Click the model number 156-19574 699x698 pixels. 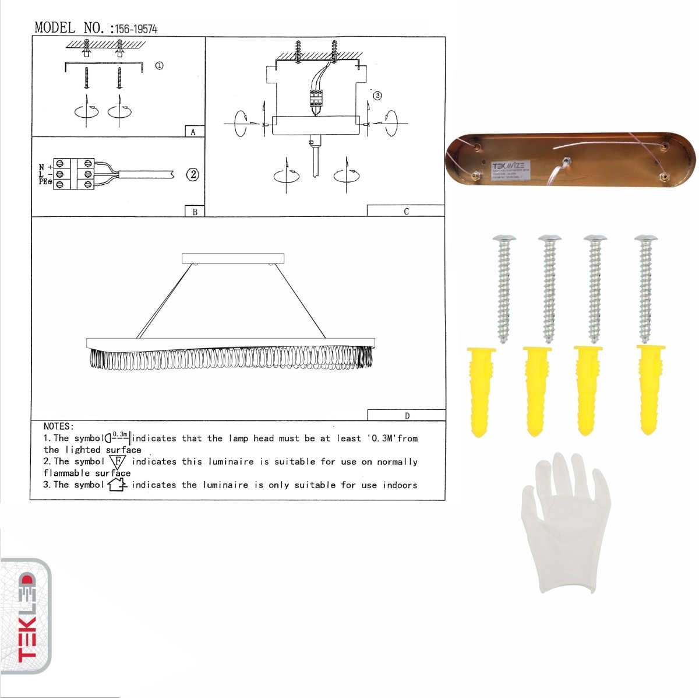136,29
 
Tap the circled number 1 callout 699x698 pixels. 159,66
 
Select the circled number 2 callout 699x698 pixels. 193,174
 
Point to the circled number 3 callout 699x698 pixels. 377,96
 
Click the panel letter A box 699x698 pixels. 194,132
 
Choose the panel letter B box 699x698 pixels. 195,212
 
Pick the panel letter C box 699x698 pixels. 405,211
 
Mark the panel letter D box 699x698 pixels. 406,415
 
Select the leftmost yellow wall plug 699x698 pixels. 480,391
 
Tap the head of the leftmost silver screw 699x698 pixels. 504,238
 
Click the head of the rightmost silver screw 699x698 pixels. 646,238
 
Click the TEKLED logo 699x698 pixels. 27,618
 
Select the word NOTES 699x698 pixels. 58,426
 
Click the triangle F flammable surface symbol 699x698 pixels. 117,462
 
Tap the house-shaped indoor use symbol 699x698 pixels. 117,484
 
